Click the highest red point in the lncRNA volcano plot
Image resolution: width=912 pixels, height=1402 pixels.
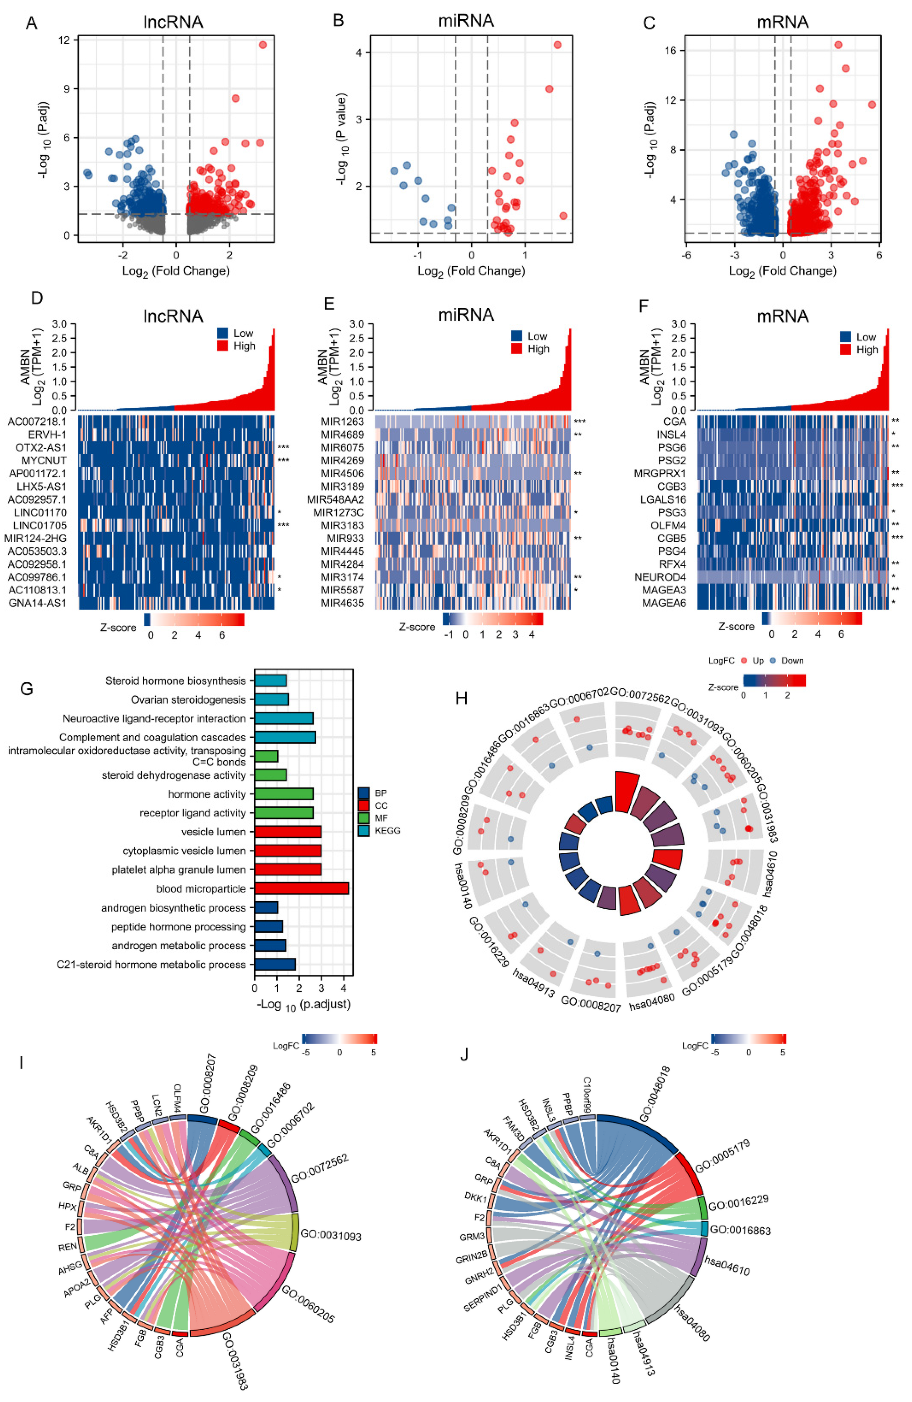tap(262, 45)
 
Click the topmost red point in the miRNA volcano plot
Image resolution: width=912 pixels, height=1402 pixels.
tap(557, 45)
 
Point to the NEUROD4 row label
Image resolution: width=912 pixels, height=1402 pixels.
tap(660, 577)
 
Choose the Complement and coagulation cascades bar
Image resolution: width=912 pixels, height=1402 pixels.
tap(285, 737)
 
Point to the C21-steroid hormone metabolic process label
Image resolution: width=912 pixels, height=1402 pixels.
tap(151, 964)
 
